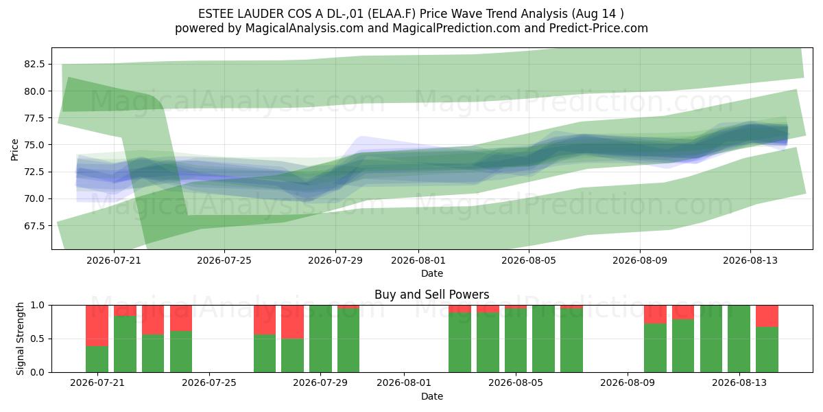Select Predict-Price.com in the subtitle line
(x=599, y=28)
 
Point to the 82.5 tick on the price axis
(x=34, y=64)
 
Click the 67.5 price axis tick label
(x=34, y=225)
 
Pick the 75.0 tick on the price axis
(x=34, y=145)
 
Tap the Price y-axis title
(x=14, y=150)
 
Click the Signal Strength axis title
(x=20, y=339)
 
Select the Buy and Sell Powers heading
(x=431, y=295)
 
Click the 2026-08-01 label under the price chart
(x=418, y=260)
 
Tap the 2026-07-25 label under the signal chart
(x=209, y=382)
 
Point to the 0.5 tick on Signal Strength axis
(x=38, y=339)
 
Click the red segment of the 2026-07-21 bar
(x=97, y=325)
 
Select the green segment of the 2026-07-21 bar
(x=97, y=359)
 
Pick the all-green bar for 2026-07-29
(x=320, y=339)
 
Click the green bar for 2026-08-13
(x=739, y=339)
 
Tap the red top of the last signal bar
(x=767, y=316)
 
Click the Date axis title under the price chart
(x=431, y=273)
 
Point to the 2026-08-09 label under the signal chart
(x=628, y=382)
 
